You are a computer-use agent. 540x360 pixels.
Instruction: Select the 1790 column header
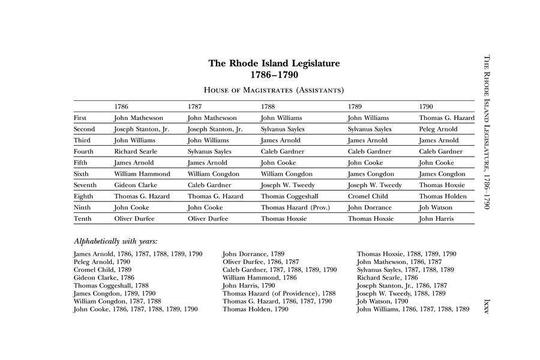(x=426, y=107)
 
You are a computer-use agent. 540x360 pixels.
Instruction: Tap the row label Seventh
(x=85, y=185)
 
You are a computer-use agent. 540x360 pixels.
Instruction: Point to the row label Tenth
(x=82, y=219)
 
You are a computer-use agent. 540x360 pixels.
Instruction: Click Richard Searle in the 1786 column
(x=136, y=152)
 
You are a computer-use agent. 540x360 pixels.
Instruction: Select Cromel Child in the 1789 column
(x=368, y=196)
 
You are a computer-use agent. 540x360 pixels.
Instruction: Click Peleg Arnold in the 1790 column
(x=438, y=129)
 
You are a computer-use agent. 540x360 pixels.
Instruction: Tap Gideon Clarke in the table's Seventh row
(x=136, y=185)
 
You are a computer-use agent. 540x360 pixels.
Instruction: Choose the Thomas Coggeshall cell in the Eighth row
(x=289, y=196)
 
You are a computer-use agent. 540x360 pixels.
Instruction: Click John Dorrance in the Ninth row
(x=370, y=208)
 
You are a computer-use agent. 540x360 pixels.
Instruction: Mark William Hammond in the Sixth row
(x=142, y=174)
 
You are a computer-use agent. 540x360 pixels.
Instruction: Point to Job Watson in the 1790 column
(x=436, y=208)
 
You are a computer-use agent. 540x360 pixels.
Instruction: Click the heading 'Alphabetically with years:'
(x=115, y=241)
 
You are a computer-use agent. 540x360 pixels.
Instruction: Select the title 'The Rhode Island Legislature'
(x=274, y=63)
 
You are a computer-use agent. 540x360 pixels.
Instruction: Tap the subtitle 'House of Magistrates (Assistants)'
(x=274, y=90)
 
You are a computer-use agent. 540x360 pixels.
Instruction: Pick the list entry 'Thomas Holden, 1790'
(x=255, y=310)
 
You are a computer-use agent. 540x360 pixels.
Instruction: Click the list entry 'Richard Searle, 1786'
(x=387, y=278)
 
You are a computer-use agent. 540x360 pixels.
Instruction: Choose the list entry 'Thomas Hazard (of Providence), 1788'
(x=279, y=294)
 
